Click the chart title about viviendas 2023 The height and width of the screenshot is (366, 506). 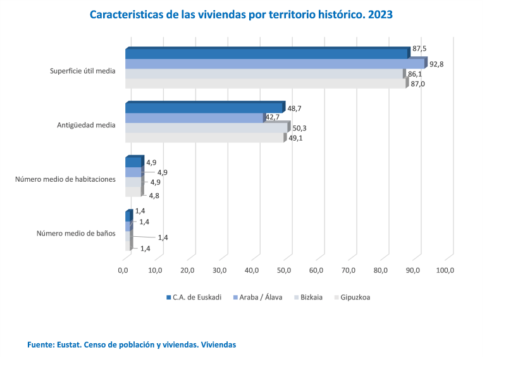tap(241, 15)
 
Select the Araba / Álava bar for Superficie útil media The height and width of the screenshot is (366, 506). tap(275, 64)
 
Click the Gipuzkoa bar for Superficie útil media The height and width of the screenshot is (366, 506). tap(266, 84)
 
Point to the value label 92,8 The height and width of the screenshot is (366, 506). tap(436, 64)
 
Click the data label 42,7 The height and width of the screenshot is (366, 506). tap(273, 118)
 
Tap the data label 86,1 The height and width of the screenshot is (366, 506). tap(415, 74)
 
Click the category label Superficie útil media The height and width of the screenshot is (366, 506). tap(83, 71)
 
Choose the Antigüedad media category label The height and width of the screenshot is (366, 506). tap(86, 125)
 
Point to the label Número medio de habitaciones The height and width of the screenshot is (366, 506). tap(65, 179)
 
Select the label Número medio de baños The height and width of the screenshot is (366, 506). tap(76, 233)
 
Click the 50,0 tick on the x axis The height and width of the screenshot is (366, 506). tap(284, 271)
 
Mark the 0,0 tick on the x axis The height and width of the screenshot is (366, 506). tap(123, 271)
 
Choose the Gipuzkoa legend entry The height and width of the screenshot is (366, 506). tap(355, 297)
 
